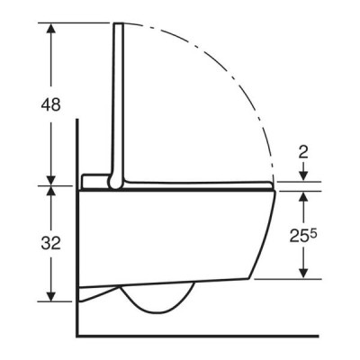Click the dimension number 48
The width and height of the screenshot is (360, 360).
50,105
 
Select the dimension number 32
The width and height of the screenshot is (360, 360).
50,243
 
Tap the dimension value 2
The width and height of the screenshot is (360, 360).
304,153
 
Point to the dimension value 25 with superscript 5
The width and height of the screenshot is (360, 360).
303,236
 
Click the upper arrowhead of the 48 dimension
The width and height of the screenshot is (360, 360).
51,29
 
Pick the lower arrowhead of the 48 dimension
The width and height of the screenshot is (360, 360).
51,180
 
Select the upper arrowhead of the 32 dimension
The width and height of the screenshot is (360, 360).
51,192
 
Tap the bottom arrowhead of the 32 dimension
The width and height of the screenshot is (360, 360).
51,295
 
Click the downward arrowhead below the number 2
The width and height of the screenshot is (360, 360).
304,175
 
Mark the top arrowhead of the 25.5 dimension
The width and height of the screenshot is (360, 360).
304,197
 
